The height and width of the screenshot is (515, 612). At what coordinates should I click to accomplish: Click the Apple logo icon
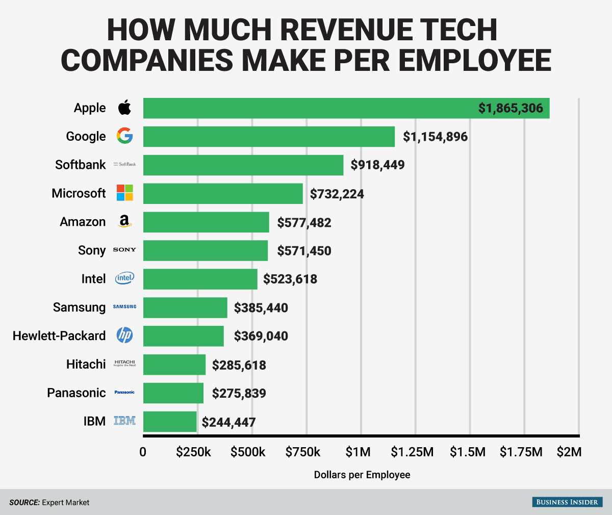[x=124, y=108]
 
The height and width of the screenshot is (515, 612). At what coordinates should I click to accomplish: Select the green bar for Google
[x=269, y=137]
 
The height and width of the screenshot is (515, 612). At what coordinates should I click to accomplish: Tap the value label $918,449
[x=377, y=165]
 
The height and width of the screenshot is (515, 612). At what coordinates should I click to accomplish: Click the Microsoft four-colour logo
[x=124, y=193]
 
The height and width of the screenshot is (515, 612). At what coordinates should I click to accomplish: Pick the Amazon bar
[x=206, y=222]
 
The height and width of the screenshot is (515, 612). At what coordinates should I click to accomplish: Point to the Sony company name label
[x=92, y=250]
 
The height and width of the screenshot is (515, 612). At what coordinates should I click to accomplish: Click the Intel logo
[x=124, y=278]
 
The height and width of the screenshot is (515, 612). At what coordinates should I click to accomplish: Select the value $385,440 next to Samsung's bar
[x=261, y=308]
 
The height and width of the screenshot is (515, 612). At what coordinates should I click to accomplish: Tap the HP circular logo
[x=124, y=335]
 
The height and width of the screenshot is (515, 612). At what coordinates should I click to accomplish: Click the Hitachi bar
[x=174, y=365]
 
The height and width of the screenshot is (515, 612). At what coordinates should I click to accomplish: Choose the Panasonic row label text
[x=76, y=393]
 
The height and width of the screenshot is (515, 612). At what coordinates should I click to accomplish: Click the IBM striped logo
[x=124, y=421]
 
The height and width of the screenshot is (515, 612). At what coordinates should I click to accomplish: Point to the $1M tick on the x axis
[x=358, y=452]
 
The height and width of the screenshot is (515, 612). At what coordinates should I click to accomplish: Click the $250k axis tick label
[x=194, y=452]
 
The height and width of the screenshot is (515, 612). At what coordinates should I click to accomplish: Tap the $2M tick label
[x=569, y=452]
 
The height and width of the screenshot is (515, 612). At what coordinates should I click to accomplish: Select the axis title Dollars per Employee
[x=362, y=475]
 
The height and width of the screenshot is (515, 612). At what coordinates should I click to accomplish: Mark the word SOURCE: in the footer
[x=24, y=502]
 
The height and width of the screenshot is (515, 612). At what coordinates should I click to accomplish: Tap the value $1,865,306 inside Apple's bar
[x=511, y=108]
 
